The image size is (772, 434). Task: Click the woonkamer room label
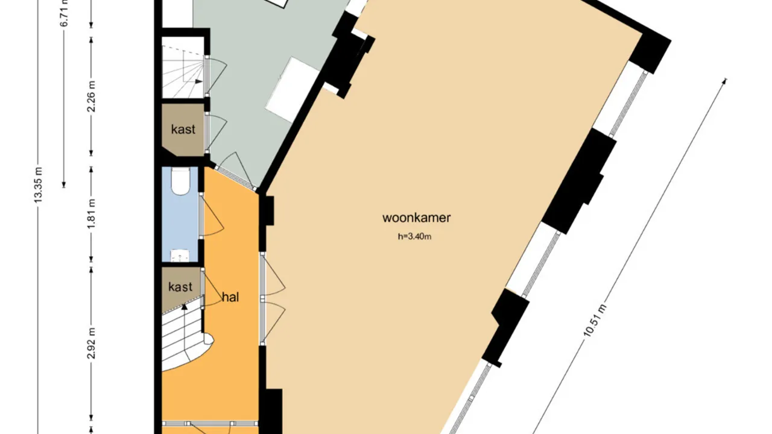pos(416,218)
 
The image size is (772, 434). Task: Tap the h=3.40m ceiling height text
pos(414,237)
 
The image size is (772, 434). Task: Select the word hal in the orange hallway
pos(230,297)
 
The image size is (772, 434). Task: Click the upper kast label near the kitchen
pos(183,129)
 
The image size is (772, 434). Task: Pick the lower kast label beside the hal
pos(180,286)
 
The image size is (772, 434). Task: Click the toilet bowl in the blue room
pos(180,181)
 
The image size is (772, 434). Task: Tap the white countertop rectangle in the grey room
pos(293,89)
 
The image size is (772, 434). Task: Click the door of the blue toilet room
pos(212,218)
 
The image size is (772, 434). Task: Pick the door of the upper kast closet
pos(216,133)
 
